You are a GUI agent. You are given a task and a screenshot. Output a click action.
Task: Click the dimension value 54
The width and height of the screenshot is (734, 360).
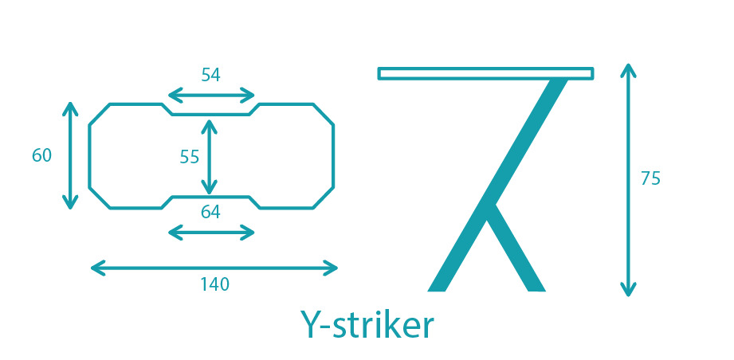click(x=210, y=75)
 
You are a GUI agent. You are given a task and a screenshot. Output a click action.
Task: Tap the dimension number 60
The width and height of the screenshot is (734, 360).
click(x=41, y=155)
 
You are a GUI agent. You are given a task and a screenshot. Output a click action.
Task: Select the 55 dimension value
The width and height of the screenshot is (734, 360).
click(x=190, y=157)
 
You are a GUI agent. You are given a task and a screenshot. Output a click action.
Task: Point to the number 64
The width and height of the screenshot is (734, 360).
click(x=210, y=213)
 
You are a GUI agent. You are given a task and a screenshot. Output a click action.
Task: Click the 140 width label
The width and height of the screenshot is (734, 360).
click(x=215, y=284)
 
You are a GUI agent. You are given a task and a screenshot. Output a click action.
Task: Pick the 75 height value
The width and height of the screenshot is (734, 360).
click(x=650, y=178)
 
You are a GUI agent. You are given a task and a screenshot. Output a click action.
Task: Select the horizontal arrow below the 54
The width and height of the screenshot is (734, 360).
click(x=211, y=96)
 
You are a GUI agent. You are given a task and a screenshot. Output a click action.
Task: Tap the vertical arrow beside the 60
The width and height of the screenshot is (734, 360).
click(x=70, y=155)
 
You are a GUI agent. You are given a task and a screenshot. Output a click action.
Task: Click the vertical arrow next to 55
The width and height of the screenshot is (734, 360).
click(x=209, y=157)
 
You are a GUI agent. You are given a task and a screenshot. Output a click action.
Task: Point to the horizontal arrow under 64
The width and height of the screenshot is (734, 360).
click(x=211, y=233)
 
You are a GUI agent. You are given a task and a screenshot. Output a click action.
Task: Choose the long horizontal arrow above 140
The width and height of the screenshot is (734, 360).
click(x=214, y=268)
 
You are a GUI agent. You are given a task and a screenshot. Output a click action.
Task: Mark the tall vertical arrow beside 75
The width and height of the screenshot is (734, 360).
click(x=628, y=180)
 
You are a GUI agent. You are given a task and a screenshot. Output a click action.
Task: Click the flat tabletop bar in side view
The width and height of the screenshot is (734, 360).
click(x=486, y=73)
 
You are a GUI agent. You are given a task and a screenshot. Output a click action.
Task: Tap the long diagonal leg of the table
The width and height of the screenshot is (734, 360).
click(x=497, y=186)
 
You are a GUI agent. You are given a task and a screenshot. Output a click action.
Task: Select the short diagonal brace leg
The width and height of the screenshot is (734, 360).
click(x=516, y=248)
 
